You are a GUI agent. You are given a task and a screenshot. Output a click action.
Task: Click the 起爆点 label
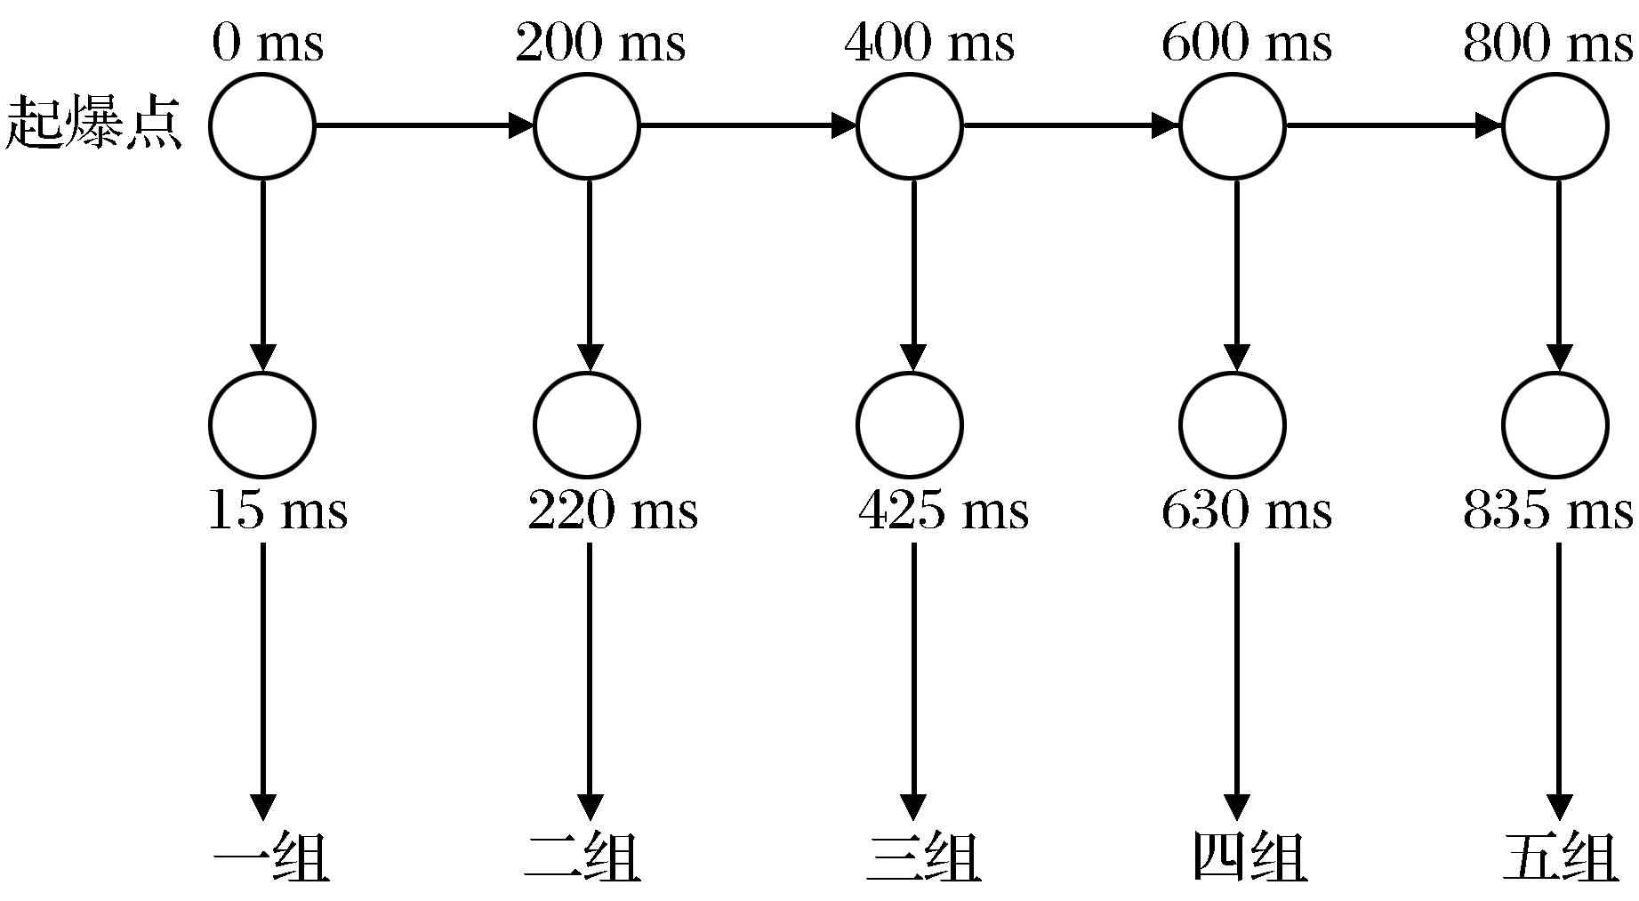[93, 125]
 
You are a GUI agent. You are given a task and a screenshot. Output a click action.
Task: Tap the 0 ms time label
[267, 43]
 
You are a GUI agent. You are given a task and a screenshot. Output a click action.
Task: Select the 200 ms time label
[600, 43]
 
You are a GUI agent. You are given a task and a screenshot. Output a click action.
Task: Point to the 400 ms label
[928, 43]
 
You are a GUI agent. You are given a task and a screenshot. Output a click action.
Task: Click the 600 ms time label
[1246, 43]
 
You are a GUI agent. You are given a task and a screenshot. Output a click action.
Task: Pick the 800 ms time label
[1547, 43]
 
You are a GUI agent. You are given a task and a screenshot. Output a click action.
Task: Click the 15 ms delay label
[277, 511]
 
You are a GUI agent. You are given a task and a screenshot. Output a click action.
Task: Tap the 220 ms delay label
[613, 511]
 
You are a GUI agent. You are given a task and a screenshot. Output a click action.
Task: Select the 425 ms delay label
[943, 511]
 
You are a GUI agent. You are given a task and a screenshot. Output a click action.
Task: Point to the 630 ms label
[1246, 511]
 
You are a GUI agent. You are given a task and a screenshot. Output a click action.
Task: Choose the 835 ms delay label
[1547, 511]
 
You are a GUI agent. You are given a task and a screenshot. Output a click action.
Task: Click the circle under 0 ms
[262, 125]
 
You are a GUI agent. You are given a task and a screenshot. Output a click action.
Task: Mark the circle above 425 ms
[909, 424]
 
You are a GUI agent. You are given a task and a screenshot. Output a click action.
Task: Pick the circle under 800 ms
[1555, 125]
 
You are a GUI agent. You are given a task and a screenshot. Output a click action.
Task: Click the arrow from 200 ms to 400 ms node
[747, 125]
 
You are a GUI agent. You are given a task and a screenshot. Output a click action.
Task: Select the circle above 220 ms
[587, 424]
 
